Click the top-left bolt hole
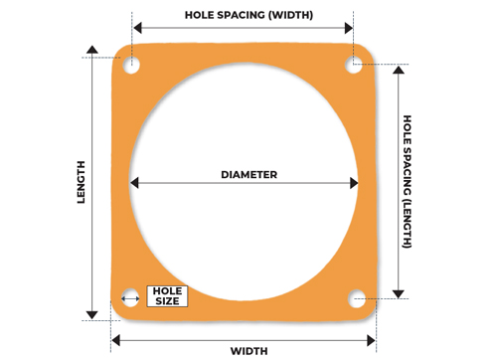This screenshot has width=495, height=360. [132, 66]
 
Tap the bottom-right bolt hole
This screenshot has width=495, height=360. [357, 296]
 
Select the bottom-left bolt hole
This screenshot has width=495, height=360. [130, 297]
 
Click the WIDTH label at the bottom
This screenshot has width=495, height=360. [247, 350]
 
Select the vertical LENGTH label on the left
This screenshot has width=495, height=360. [82, 183]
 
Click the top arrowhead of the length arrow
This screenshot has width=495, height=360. [92, 50]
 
